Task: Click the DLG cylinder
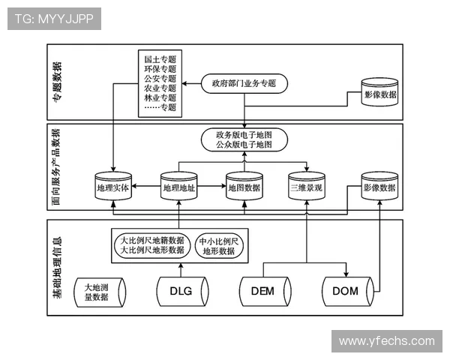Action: click(x=181, y=292)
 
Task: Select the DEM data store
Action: click(x=262, y=292)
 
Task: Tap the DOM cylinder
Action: click(x=345, y=291)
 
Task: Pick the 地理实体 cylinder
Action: click(x=112, y=189)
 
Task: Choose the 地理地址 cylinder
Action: click(x=178, y=189)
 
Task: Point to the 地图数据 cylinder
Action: click(x=244, y=189)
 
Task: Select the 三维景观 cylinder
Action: click(x=306, y=189)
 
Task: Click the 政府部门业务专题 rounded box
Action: click(x=244, y=83)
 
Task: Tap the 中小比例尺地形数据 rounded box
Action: click(x=219, y=247)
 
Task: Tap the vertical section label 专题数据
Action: click(x=58, y=82)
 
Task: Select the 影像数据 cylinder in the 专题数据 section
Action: click(x=381, y=96)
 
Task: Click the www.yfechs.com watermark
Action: click(x=386, y=340)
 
